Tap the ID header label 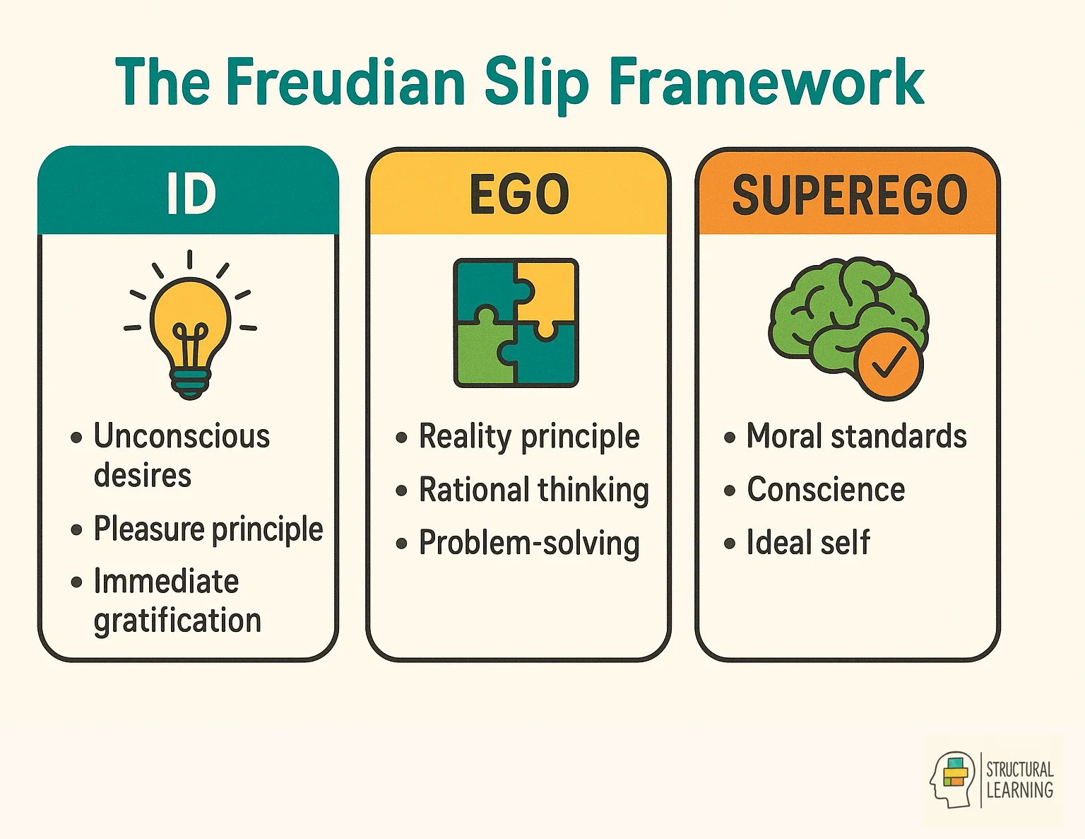[191, 194]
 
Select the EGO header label [519, 194]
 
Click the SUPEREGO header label [849, 195]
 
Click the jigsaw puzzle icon [516, 323]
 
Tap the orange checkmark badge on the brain [888, 363]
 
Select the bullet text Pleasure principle [208, 529]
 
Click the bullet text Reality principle [529, 436]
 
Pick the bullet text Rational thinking [533, 490]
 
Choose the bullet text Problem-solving [529, 543]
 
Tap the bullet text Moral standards [856, 436]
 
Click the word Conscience [826, 490]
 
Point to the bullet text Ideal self [808, 543]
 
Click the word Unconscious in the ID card [182, 436]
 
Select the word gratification [177, 621]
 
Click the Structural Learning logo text [1019, 780]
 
